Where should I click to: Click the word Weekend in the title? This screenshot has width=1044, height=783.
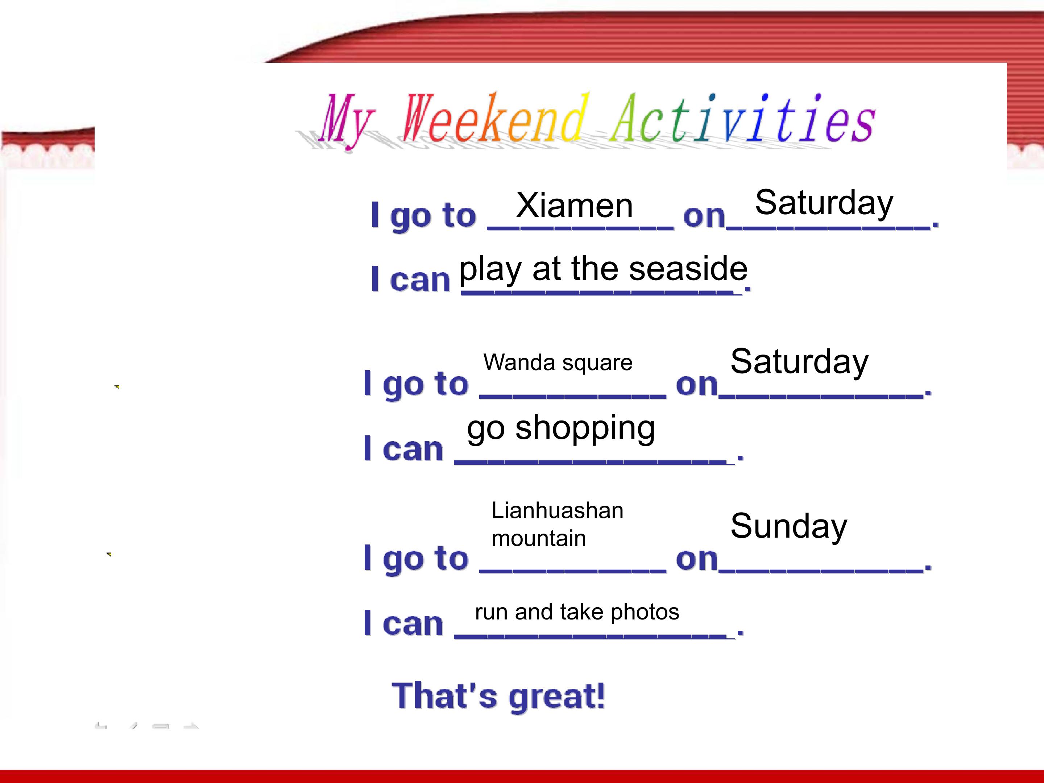(x=496, y=117)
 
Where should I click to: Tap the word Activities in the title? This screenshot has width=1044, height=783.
(x=743, y=117)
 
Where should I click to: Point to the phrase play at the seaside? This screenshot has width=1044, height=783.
(x=603, y=269)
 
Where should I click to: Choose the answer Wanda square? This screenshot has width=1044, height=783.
(x=558, y=363)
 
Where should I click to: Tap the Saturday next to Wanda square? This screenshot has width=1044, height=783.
(x=800, y=362)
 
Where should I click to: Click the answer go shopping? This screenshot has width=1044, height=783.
(x=561, y=428)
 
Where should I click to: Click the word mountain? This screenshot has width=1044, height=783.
(x=539, y=539)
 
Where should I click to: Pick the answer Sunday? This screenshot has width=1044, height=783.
(x=789, y=526)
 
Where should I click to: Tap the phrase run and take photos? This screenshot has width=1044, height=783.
(x=577, y=612)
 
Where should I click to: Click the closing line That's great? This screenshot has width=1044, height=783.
(x=498, y=696)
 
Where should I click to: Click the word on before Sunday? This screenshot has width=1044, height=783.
(x=697, y=560)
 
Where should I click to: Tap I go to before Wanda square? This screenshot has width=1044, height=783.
(x=416, y=385)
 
